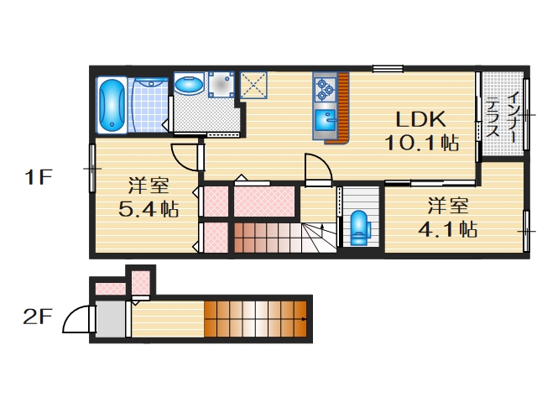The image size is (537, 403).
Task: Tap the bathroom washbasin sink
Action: (x=189, y=85)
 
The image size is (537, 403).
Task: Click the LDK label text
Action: (x=420, y=119)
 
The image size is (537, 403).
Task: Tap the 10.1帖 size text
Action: (x=421, y=143)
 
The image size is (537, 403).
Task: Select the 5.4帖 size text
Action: (x=148, y=209)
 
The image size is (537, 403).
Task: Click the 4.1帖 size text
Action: (x=447, y=228)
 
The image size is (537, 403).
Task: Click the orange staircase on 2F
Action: (x=255, y=318)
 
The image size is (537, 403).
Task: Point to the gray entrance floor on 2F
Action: (x=107, y=319)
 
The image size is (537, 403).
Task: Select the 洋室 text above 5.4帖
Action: (x=148, y=185)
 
